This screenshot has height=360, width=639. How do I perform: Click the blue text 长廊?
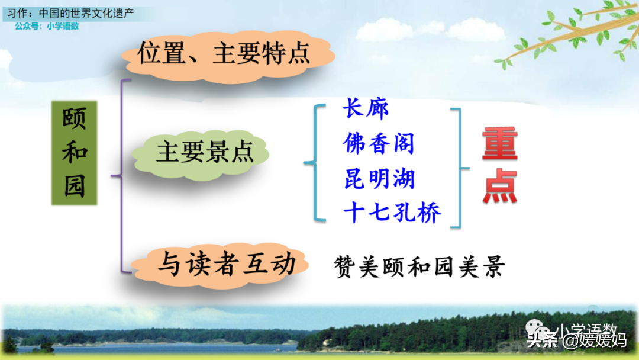[366, 108]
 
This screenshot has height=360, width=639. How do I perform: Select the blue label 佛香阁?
[379, 143]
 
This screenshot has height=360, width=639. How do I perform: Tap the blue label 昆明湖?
[379, 179]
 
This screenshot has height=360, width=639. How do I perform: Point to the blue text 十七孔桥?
[392, 213]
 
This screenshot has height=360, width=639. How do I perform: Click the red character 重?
[499, 143]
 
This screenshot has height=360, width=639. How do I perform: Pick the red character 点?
[500, 187]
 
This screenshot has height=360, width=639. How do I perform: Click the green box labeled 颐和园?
[74, 153]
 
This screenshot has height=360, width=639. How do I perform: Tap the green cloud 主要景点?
[200, 153]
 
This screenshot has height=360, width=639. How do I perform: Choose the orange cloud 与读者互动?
[221, 265]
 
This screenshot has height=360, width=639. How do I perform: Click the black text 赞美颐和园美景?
[419, 267]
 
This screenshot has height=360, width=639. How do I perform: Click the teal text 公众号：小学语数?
[47, 26]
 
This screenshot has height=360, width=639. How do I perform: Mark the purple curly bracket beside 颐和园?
[121, 176]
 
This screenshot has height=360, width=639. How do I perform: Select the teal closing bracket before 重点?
[460, 168]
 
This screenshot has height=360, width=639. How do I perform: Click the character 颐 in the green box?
[74, 118]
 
